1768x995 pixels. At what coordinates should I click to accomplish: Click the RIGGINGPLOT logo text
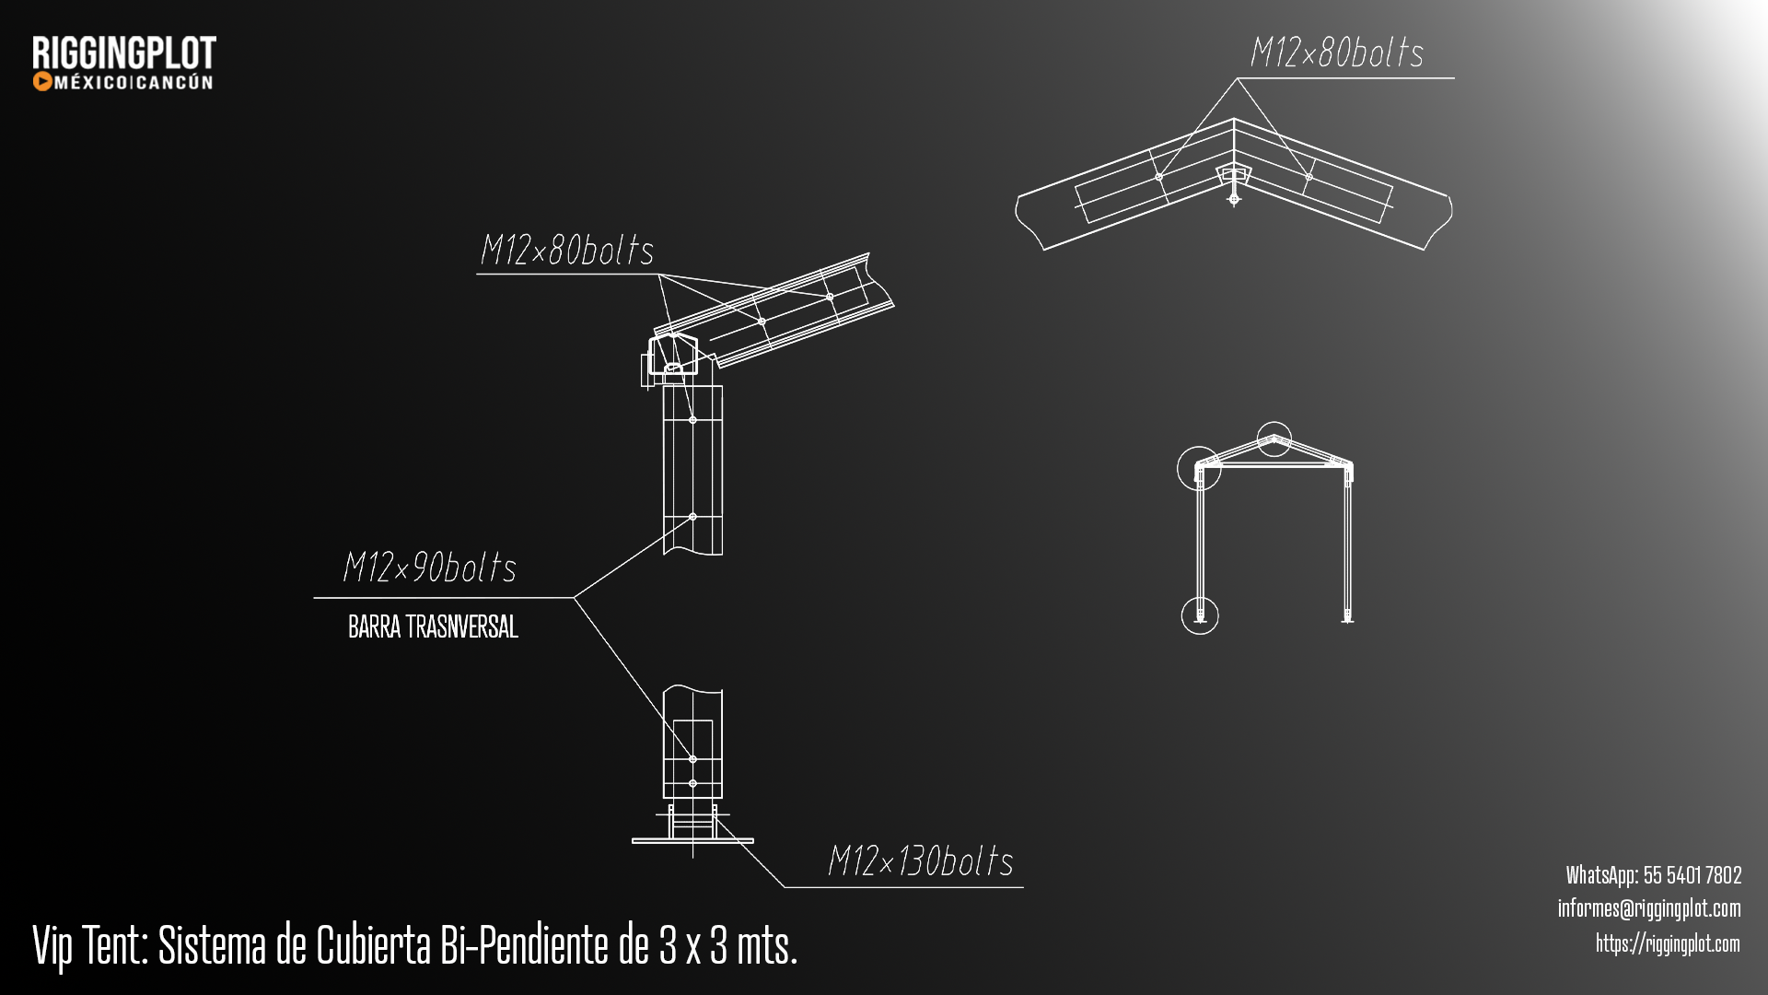point(124,53)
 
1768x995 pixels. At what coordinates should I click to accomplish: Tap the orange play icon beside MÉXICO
point(41,82)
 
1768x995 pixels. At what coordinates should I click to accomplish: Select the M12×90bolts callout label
point(429,567)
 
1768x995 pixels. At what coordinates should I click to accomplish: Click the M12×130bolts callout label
point(921,860)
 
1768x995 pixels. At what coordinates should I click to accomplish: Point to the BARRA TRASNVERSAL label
point(433,627)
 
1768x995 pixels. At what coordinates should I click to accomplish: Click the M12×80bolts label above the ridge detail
point(1337,52)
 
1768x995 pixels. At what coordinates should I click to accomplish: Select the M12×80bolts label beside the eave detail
point(567,250)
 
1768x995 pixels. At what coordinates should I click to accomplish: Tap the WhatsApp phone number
point(1692,874)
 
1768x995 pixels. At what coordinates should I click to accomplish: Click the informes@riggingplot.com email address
point(1649,908)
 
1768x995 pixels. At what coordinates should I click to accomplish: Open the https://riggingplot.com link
point(1668,943)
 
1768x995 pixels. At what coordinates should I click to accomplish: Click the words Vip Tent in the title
point(90,945)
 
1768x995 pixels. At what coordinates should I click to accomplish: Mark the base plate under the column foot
point(692,840)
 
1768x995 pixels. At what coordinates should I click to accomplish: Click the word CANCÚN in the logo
point(176,82)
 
